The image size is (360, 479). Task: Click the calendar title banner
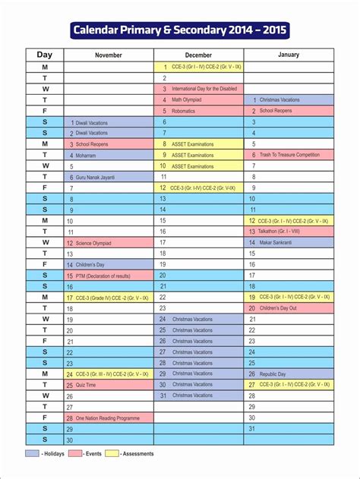(x=179, y=31)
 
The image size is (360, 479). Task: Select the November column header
(x=109, y=55)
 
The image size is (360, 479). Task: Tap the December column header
(x=198, y=55)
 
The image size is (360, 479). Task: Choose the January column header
(x=289, y=55)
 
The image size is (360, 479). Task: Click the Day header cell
(x=44, y=55)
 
